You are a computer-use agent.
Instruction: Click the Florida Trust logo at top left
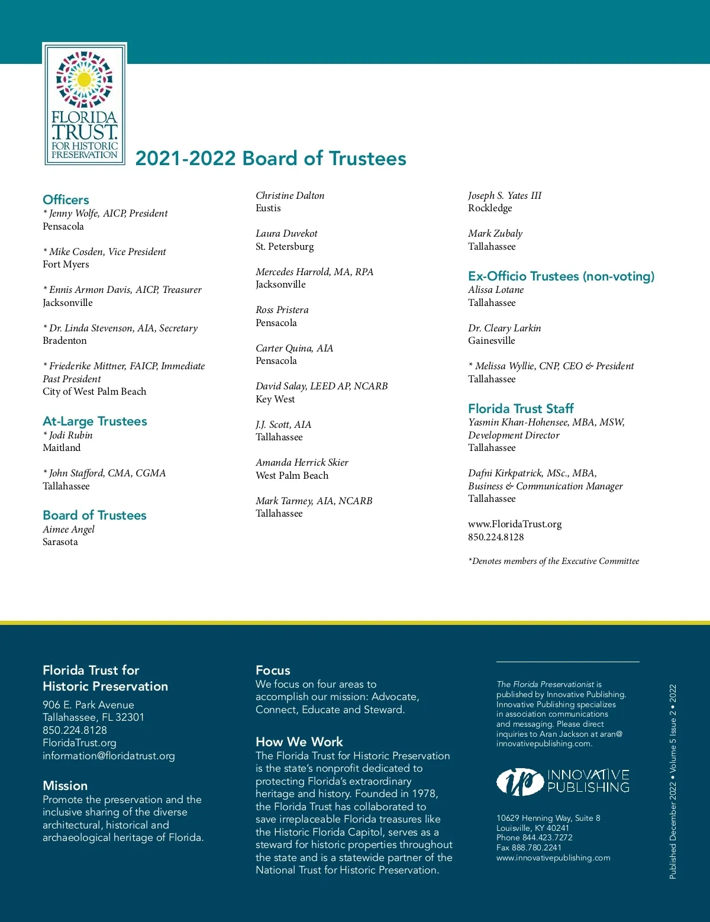point(85,104)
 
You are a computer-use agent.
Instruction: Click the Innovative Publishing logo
point(563,781)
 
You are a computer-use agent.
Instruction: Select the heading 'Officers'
point(66,200)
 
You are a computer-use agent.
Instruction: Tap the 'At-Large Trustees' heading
point(95,421)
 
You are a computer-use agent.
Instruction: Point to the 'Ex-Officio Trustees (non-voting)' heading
point(561,276)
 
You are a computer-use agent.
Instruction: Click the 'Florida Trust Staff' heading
point(521,408)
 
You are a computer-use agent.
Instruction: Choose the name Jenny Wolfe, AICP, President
point(105,214)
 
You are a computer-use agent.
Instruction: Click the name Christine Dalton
point(290,196)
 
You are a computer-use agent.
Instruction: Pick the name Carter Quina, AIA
point(294,349)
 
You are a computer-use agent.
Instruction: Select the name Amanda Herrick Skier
point(302,463)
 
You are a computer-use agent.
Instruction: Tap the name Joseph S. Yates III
point(504,196)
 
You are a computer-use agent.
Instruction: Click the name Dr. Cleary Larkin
point(504,328)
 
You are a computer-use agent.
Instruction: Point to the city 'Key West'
point(275,399)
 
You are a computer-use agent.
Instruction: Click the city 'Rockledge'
point(490,208)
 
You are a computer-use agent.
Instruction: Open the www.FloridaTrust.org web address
point(515,524)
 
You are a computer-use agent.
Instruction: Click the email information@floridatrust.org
point(109,756)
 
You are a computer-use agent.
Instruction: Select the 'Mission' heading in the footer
point(65,786)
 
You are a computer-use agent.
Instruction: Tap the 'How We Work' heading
point(299,742)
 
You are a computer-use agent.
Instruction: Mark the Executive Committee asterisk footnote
point(553,561)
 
